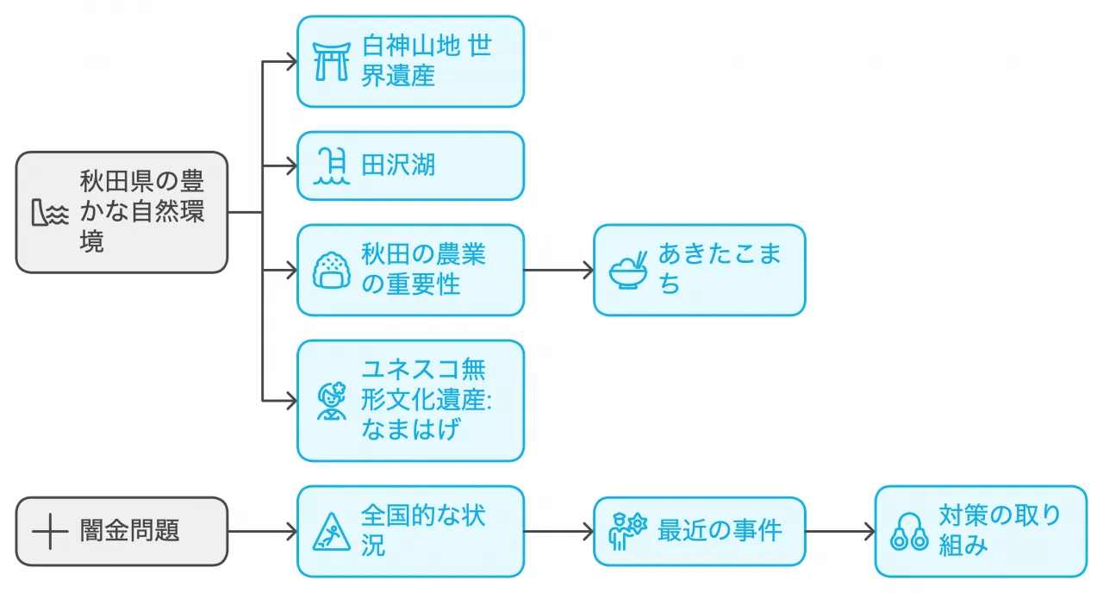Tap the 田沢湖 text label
point(398,165)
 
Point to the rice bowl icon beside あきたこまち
point(629,270)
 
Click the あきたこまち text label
point(720,270)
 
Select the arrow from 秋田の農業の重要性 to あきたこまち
point(558,270)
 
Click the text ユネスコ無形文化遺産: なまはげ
point(425,401)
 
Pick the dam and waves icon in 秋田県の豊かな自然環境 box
point(50,213)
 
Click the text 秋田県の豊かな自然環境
point(142,212)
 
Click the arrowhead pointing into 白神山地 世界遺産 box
point(290,61)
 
